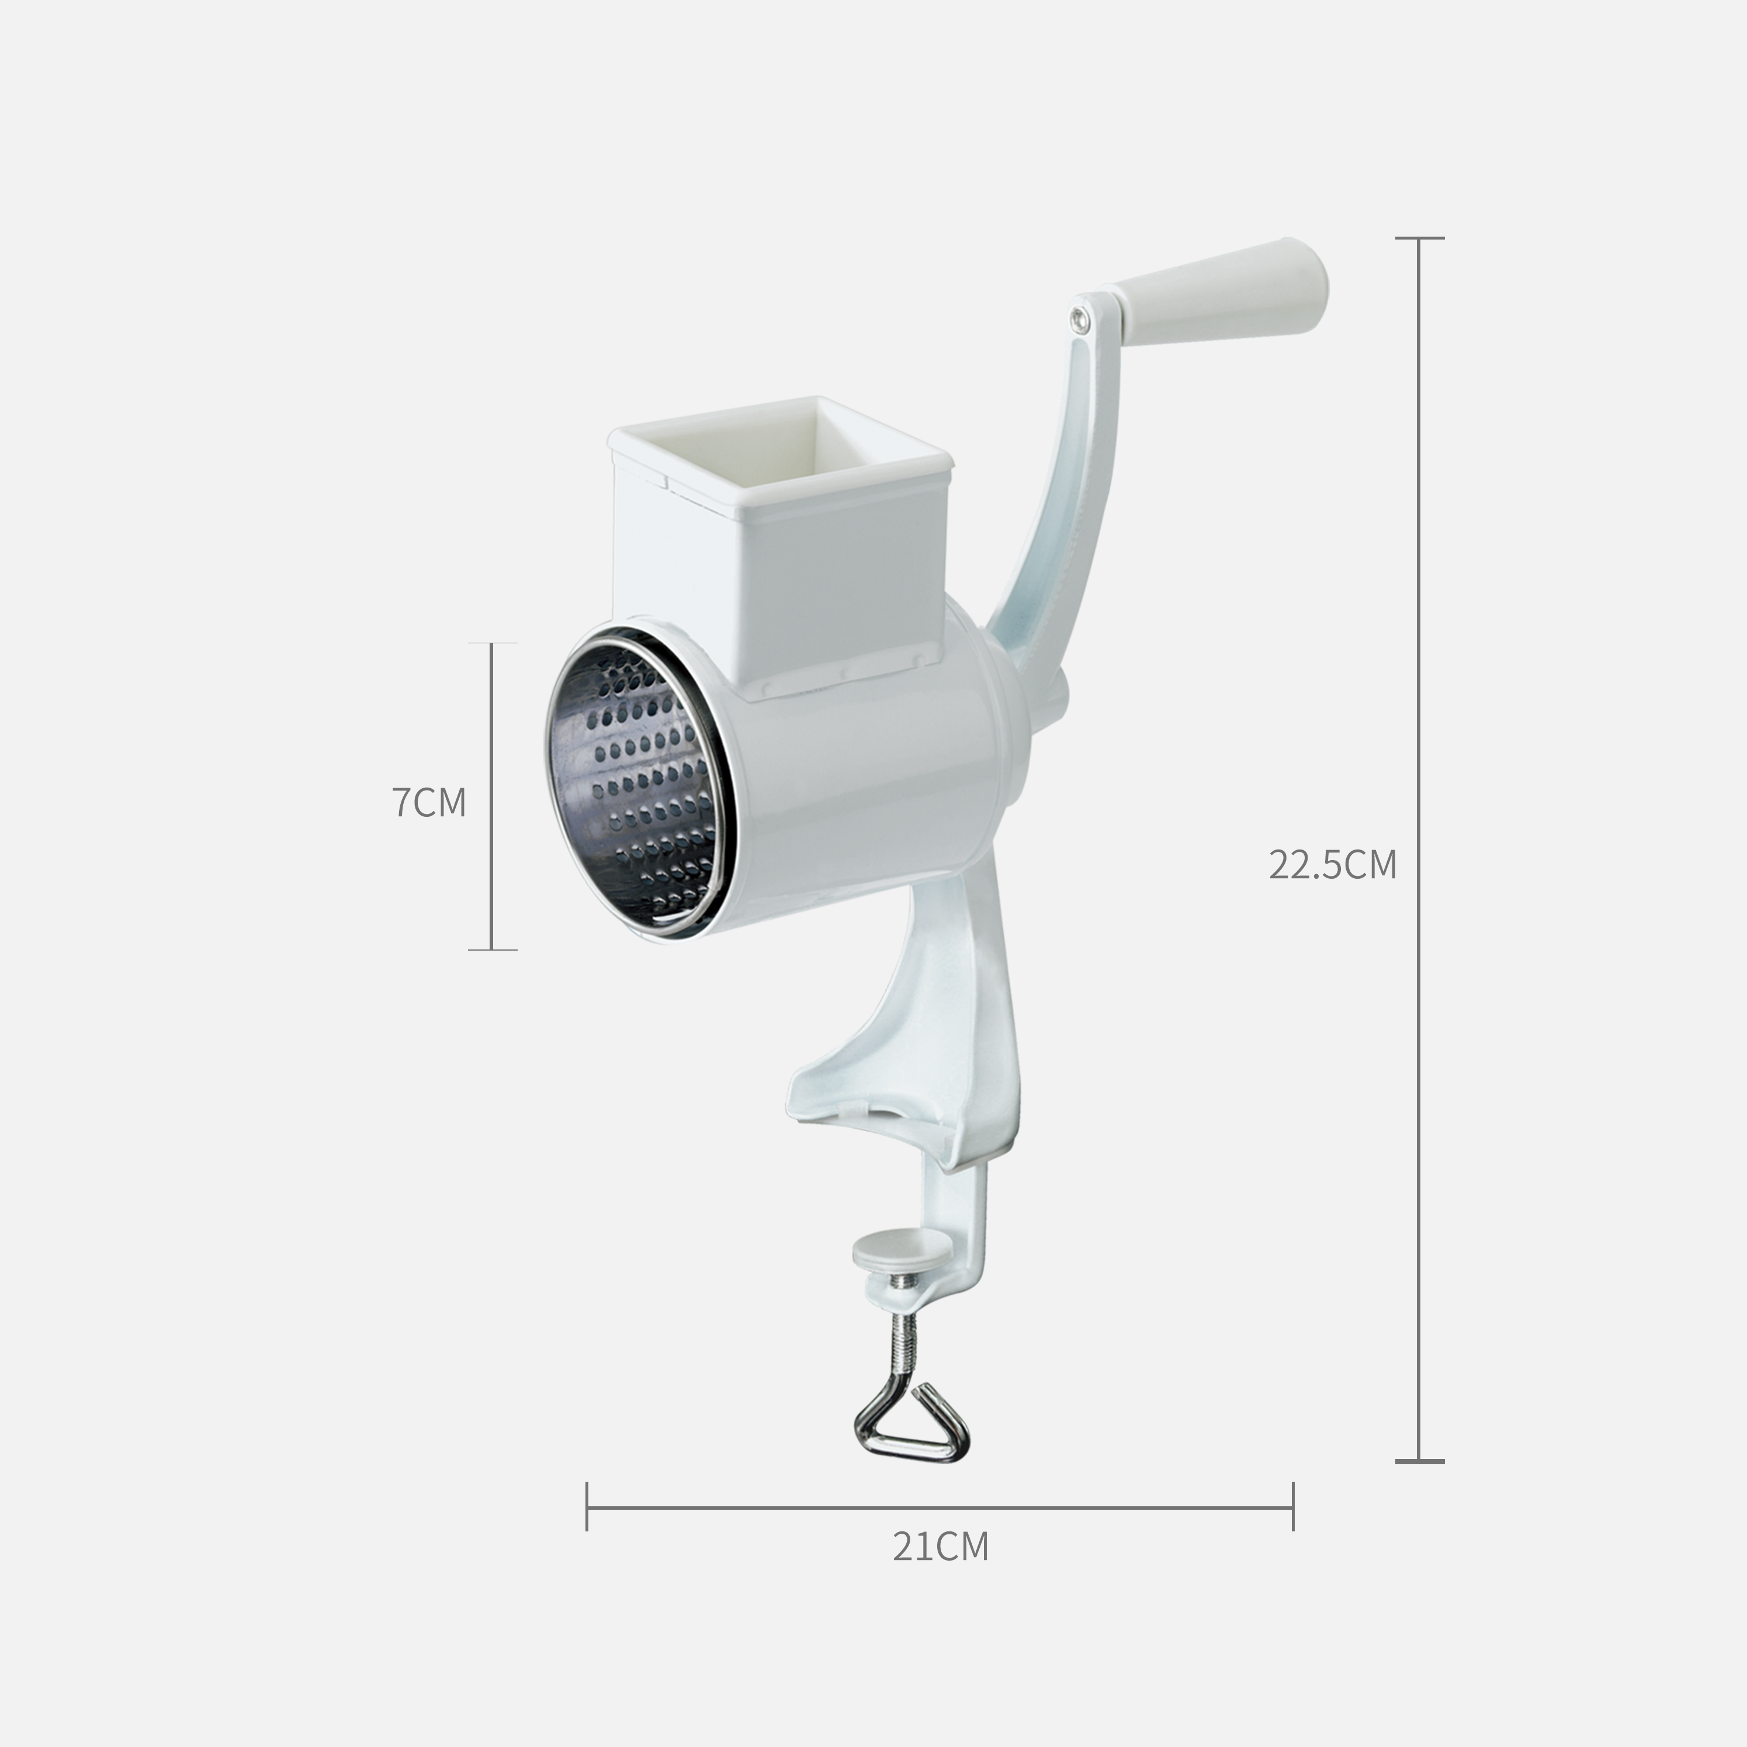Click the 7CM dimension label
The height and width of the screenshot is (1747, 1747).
(x=429, y=802)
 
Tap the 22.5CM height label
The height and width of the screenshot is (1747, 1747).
(x=1333, y=865)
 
